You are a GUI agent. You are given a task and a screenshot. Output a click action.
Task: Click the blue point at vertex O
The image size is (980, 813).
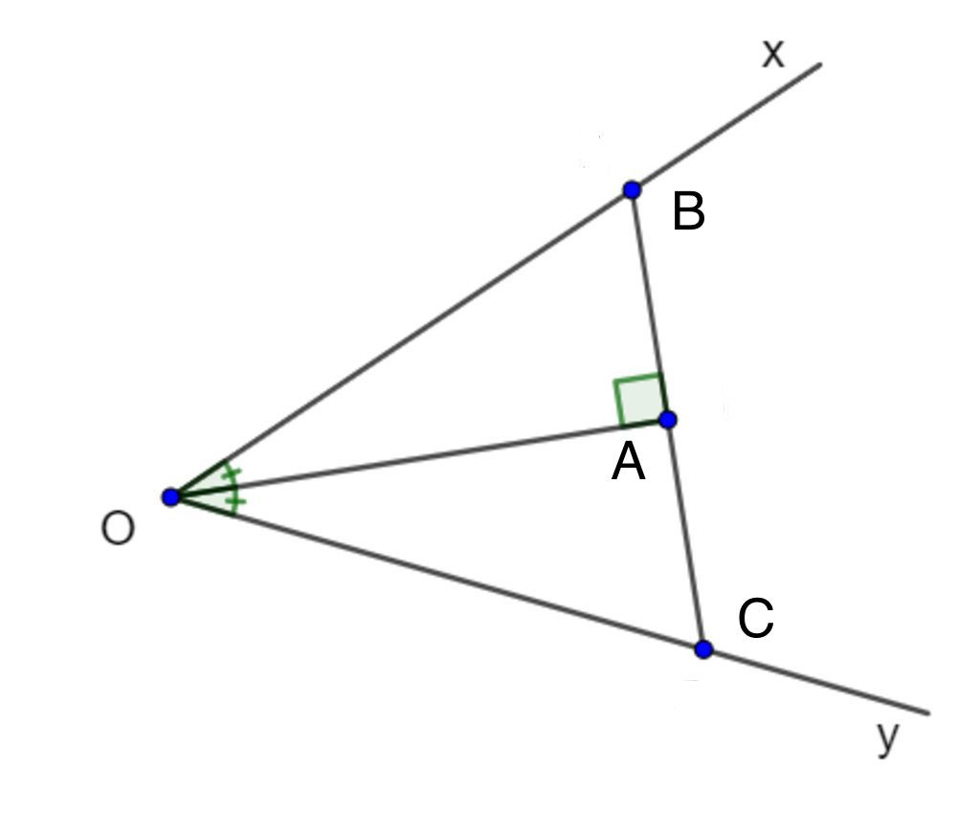[170, 497]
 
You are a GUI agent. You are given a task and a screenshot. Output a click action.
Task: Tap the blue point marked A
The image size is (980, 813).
[667, 420]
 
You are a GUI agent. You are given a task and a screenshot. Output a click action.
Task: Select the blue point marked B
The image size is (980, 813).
[632, 189]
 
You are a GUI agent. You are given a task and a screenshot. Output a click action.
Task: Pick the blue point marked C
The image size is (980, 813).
[703, 649]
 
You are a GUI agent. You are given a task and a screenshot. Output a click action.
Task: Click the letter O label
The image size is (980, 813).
[118, 529]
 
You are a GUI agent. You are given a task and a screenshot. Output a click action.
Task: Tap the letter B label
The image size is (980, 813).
[689, 211]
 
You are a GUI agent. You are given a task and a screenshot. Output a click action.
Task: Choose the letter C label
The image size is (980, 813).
[756, 618]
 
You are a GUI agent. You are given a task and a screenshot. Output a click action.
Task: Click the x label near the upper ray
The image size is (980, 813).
[773, 54]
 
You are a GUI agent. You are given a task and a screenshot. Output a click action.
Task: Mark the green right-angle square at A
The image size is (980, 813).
[639, 401]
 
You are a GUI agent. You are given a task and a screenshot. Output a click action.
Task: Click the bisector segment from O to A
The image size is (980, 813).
[419, 458]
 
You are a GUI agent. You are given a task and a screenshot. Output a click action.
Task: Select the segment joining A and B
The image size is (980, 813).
[650, 305]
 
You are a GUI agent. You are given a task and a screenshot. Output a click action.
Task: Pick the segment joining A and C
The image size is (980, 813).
[685, 535]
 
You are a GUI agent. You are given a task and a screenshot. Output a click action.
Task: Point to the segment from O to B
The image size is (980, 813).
[401, 343]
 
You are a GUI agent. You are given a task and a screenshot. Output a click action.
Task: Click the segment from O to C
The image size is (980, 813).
[436, 573]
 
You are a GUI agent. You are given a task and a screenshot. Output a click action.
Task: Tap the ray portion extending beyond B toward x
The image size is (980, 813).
[726, 126]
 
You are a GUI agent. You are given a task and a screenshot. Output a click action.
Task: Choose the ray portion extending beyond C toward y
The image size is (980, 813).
[816, 681]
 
